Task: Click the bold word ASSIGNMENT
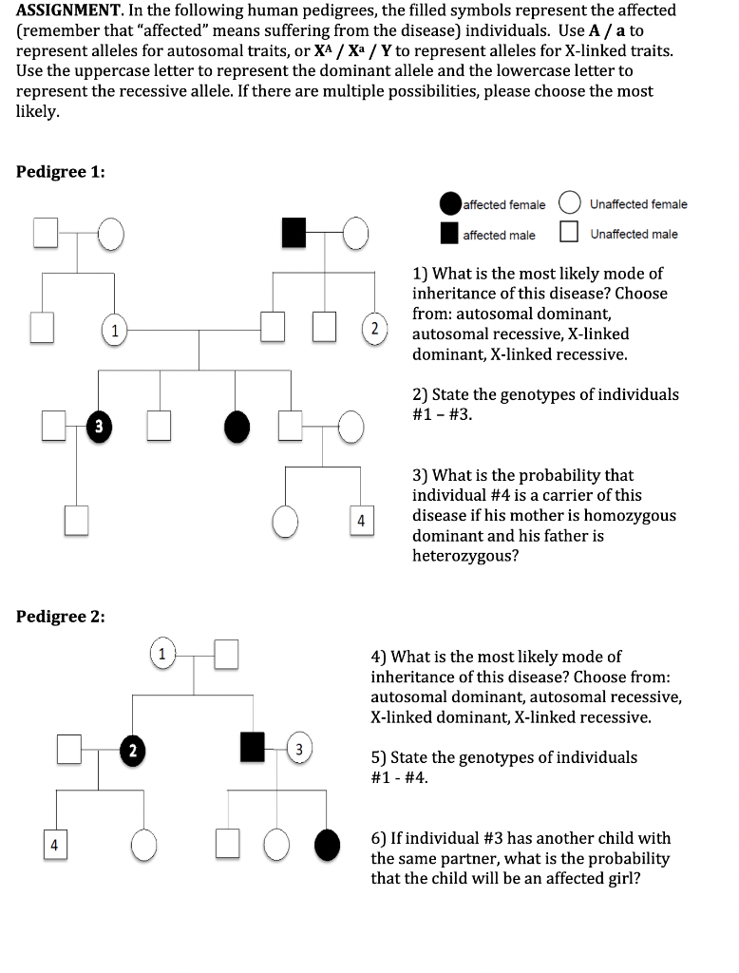click(65, 10)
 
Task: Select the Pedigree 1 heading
click(61, 172)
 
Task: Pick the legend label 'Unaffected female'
click(638, 204)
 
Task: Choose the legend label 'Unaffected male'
click(634, 234)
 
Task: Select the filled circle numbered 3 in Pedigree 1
click(97, 425)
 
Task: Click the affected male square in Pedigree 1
click(294, 231)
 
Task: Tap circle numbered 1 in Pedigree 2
click(162, 654)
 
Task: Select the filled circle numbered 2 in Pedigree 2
click(133, 750)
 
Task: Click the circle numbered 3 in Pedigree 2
click(297, 749)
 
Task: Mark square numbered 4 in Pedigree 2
click(54, 844)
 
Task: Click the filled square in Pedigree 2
click(253, 747)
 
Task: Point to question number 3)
click(420, 475)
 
